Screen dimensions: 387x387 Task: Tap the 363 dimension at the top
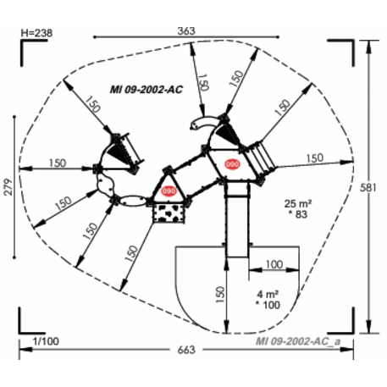[186, 30]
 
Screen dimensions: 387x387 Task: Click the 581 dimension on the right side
[377, 187]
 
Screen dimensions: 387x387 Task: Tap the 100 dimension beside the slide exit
[273, 265]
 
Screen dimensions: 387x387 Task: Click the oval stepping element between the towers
[132, 201]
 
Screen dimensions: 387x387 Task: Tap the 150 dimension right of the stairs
[314, 157]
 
